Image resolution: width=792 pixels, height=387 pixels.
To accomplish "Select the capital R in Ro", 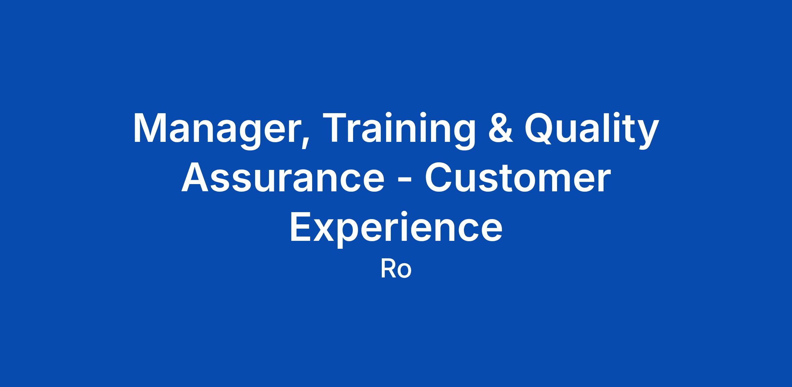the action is pos(388,269).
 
